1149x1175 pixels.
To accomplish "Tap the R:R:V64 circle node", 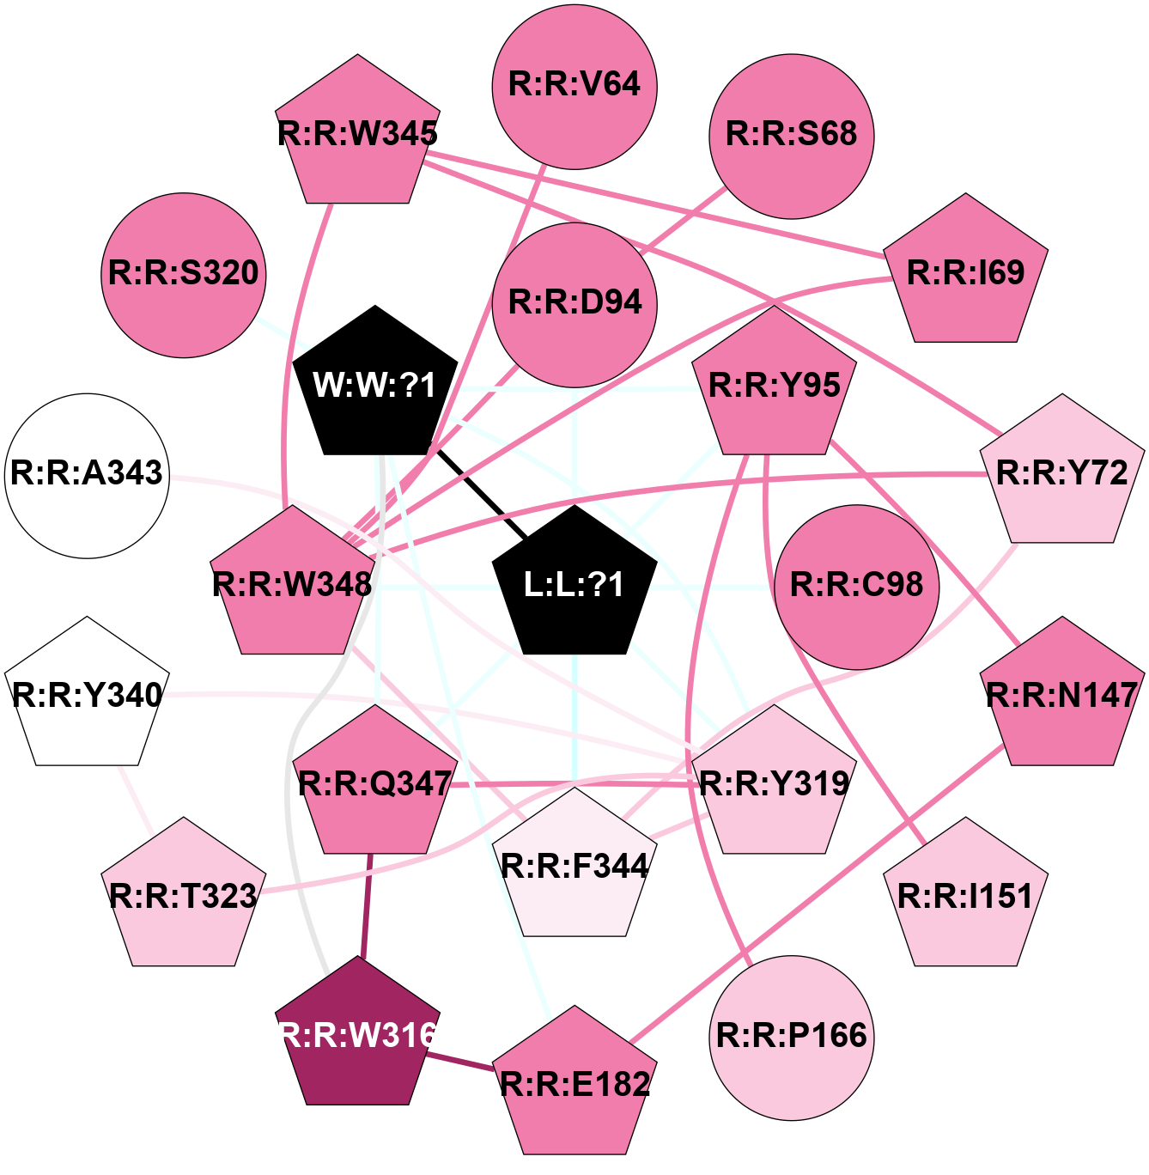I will pyautogui.click(x=574, y=86).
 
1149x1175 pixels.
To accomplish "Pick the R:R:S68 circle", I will pyautogui.click(x=791, y=136).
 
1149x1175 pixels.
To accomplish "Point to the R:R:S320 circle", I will pyautogui.click(x=184, y=275).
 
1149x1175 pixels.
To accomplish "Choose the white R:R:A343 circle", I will pyautogui.click(x=88, y=475).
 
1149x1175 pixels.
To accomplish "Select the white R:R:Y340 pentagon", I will pyautogui.click(x=88, y=696).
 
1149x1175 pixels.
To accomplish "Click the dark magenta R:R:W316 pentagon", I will pyautogui.click(x=358, y=1036).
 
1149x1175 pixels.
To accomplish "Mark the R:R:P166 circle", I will pyautogui.click(x=791, y=1037).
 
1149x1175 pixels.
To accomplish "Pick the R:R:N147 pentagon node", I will pyautogui.click(x=1062, y=696).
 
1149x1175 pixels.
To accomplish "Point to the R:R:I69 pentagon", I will pyautogui.click(x=965, y=274).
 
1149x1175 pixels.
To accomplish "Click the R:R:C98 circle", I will pyautogui.click(x=856, y=587).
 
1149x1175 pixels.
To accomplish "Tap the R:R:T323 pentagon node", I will pyautogui.click(x=184, y=897).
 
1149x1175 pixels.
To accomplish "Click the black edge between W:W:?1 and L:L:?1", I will pyautogui.click(x=481, y=492).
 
